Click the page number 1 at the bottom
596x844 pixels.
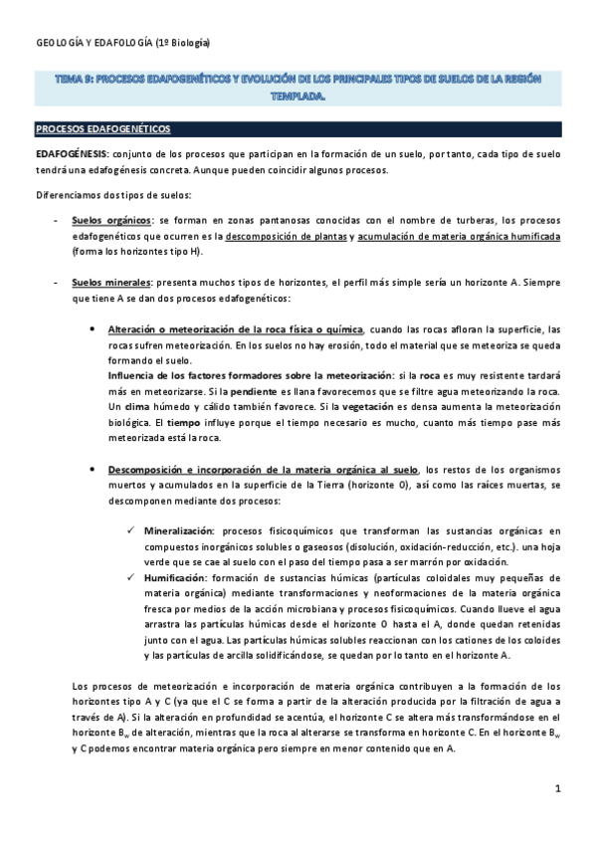coord(559,788)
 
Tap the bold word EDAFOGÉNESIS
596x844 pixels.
coord(72,155)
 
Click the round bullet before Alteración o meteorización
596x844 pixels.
coord(92,329)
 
